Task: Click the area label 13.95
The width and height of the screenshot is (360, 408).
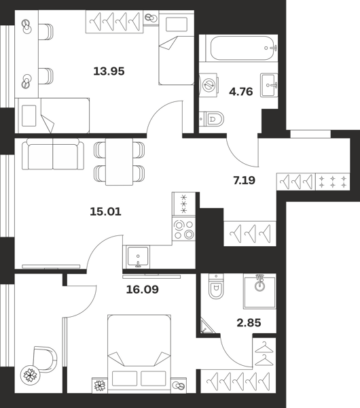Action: tap(109, 71)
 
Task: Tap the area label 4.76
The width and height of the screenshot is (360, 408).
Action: tap(241, 92)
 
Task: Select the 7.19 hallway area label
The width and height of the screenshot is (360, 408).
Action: tap(245, 180)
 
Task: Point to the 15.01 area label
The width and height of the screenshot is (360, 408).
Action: tap(105, 211)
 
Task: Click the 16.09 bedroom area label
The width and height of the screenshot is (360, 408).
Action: tap(142, 290)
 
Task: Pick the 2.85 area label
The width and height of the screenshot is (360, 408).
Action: tap(249, 323)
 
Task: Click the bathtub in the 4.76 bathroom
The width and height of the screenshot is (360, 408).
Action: tap(242, 48)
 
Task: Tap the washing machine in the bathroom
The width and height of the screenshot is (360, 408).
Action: tap(208, 85)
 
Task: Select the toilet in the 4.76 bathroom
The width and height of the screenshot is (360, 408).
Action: tap(211, 119)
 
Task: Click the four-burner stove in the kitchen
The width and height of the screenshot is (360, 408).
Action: tap(184, 229)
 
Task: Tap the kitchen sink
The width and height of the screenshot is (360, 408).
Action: tap(138, 257)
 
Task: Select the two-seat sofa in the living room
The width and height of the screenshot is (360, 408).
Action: tap(53, 154)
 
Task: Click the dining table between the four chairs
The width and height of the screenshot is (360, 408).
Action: tap(120, 162)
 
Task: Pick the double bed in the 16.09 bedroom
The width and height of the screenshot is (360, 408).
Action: tap(139, 354)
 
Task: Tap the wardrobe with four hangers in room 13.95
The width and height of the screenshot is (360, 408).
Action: tap(114, 22)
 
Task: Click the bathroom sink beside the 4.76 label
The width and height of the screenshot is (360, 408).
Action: tap(269, 85)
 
